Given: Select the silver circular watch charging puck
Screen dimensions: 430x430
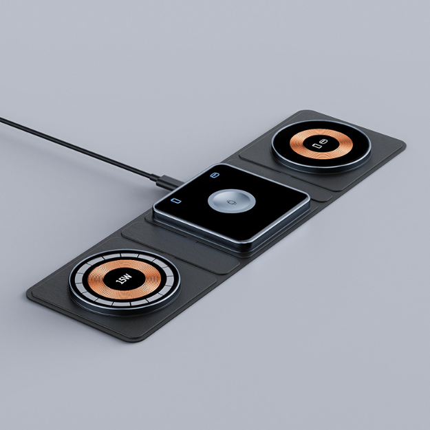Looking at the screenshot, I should pos(231,203).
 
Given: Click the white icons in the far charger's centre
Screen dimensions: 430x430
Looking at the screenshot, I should pos(321,146).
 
